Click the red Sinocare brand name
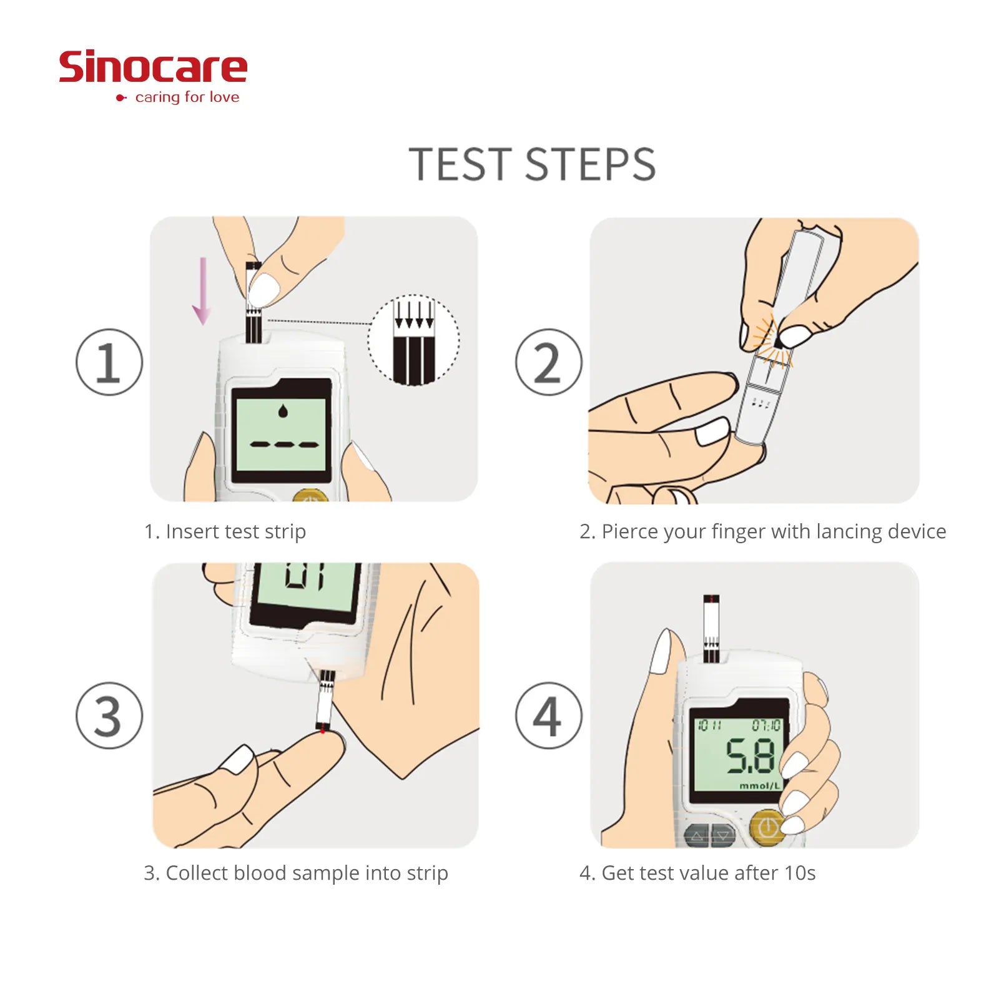[153, 67]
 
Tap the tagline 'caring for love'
[187, 97]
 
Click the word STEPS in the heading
[590, 165]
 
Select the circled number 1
[109, 362]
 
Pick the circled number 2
[549, 362]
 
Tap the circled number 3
[109, 716]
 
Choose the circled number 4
[549, 716]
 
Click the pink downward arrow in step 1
[202, 291]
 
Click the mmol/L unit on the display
[760, 785]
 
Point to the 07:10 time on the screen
[766, 726]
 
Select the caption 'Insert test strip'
[236, 531]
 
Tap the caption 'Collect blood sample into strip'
[307, 873]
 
